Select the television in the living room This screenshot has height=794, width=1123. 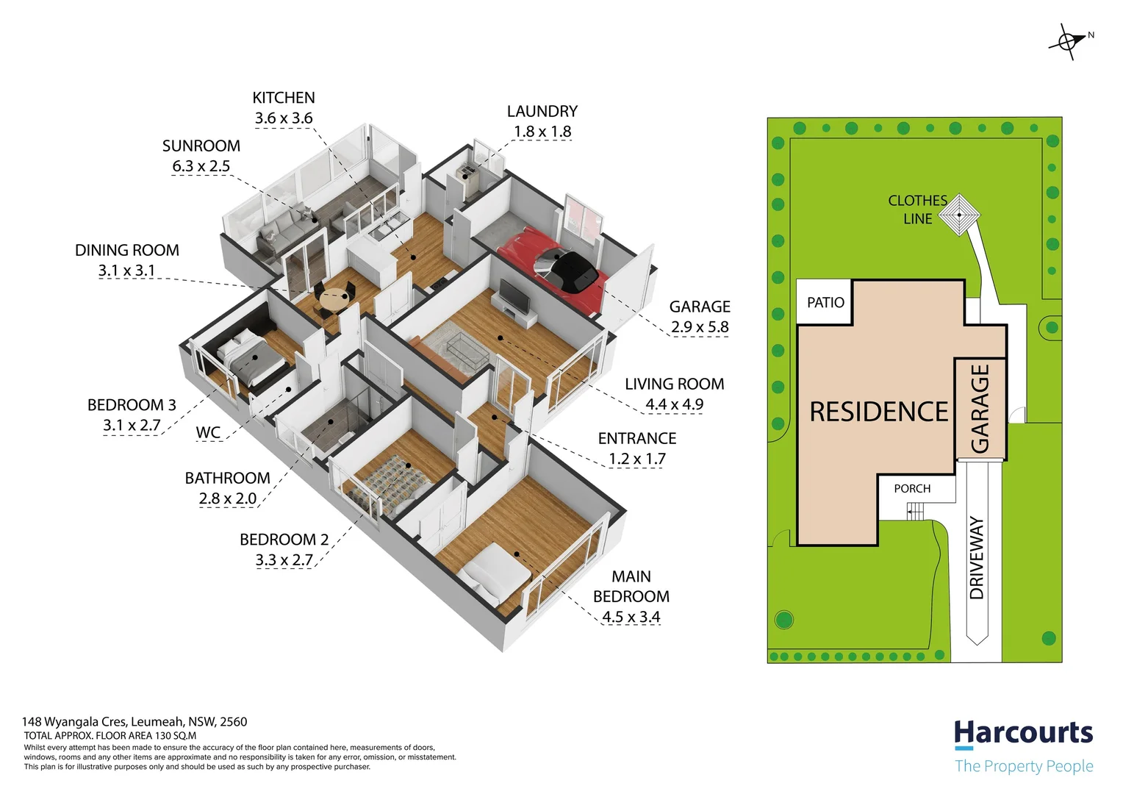[514, 296]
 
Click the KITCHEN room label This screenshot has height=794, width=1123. [283, 98]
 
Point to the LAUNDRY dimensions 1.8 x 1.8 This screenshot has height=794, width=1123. [542, 132]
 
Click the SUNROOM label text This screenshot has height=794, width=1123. [201, 146]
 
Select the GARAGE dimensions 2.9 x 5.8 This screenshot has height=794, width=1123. [700, 327]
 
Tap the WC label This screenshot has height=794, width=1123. [208, 432]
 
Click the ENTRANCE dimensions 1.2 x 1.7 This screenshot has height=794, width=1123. [637, 459]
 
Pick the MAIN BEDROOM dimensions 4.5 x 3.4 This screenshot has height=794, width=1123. [631, 617]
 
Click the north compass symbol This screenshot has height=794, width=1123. [1068, 42]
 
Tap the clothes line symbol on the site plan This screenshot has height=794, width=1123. [959, 215]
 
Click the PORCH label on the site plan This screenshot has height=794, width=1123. [912, 489]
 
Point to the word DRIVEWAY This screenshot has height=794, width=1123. [977, 558]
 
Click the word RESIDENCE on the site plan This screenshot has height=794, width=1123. [879, 412]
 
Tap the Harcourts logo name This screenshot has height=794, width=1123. [1023, 733]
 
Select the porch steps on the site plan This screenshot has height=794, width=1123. [915, 512]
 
